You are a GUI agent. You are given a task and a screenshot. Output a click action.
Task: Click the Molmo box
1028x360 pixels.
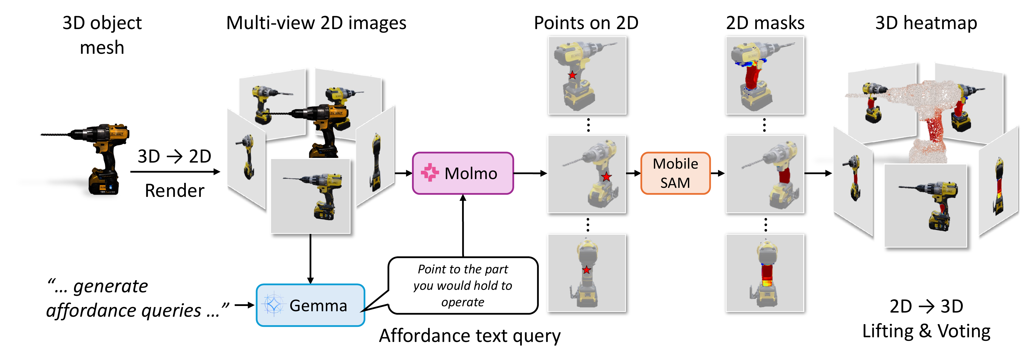pos(463,173)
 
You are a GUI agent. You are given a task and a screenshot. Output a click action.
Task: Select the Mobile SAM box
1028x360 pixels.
pos(675,173)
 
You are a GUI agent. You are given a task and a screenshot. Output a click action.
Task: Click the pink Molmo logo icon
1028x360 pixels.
pos(429,173)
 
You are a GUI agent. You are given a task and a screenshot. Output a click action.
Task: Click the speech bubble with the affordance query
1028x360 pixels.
pos(463,285)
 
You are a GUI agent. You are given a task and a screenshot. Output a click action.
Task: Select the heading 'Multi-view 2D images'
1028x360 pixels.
pos(316,23)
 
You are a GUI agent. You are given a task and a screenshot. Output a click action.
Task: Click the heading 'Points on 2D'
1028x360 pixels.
pos(586,23)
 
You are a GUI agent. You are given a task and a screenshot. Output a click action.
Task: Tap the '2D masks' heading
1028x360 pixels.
pos(765,23)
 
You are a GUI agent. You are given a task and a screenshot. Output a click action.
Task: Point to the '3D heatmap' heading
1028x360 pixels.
pos(926,23)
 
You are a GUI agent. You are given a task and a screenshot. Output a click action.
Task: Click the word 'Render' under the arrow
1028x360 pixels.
pos(174,190)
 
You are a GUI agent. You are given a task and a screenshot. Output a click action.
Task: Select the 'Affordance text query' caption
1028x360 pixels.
pos(470,335)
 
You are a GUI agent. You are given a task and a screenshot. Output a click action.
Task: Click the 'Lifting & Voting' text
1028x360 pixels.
pos(926,331)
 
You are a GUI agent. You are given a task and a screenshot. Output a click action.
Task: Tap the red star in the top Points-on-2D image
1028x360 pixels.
pos(572,75)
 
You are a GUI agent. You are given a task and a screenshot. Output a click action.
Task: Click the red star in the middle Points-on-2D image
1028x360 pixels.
pos(606,177)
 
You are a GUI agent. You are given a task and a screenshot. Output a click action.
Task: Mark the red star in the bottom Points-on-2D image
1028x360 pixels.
pos(586,270)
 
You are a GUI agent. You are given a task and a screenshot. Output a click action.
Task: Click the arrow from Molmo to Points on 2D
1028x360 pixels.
pos(530,173)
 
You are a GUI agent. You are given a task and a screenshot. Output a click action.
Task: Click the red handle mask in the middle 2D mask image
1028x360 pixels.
pos(784,175)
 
